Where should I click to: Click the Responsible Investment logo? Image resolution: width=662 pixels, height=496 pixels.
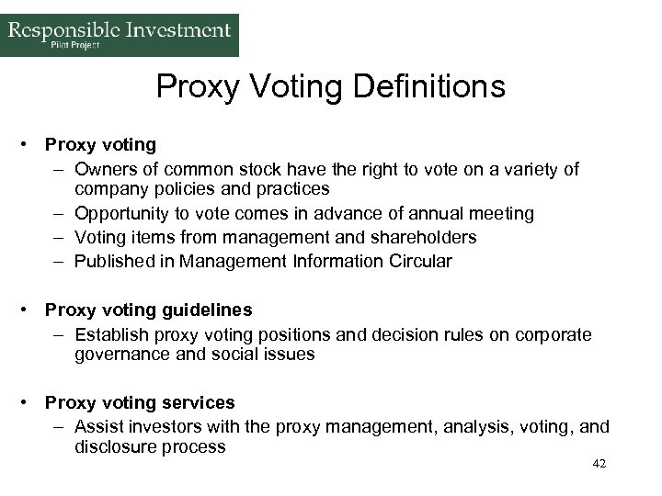coord(120,35)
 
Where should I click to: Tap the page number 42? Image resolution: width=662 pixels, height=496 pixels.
coord(599,465)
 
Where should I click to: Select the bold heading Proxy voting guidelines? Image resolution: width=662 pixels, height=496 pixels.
coord(148,310)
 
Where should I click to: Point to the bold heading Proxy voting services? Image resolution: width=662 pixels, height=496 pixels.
coord(140,402)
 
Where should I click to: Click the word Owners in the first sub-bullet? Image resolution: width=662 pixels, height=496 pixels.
coord(103,168)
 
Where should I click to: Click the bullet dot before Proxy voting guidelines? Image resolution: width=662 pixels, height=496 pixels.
coord(31,310)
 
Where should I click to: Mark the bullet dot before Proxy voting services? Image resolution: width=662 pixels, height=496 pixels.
coord(31,402)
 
